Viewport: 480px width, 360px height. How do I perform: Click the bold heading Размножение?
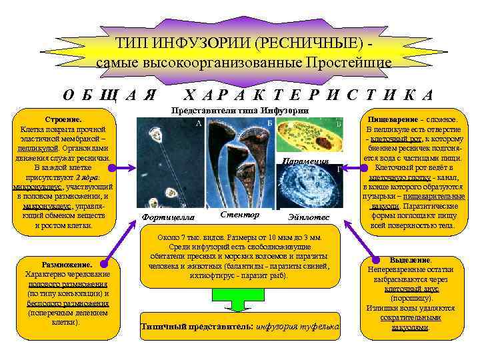coord(67,264)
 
